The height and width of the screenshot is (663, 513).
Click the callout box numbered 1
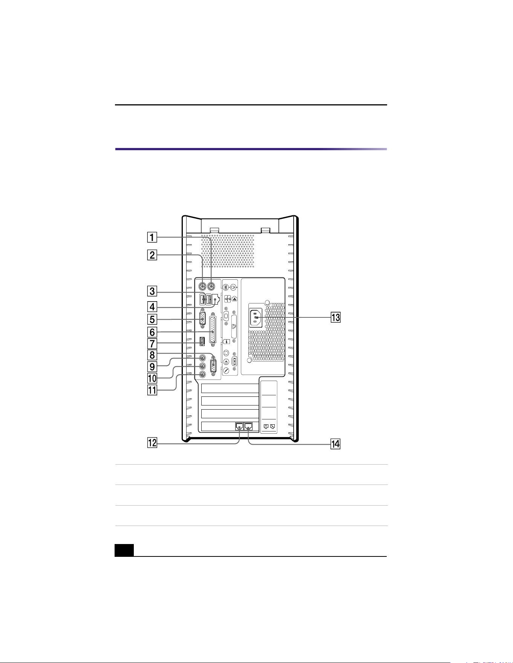[x=152, y=238]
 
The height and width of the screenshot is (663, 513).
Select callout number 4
[x=152, y=306]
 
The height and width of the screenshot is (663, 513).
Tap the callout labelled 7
[x=152, y=344]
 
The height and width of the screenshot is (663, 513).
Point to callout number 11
[x=152, y=390]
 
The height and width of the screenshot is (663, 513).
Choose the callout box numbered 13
[x=335, y=317]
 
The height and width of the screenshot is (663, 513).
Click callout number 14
[x=335, y=444]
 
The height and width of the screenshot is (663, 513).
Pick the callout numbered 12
[x=152, y=443]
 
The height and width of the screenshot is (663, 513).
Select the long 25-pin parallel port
[x=213, y=329]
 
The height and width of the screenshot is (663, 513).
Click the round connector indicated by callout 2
[x=202, y=286]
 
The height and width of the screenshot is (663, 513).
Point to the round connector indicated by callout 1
[x=211, y=286]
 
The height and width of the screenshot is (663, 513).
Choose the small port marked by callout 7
[x=202, y=341]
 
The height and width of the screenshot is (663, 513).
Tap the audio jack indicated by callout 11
[x=202, y=375]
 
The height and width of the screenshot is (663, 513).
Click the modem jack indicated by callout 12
[x=239, y=426]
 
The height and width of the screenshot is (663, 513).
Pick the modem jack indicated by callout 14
[x=249, y=426]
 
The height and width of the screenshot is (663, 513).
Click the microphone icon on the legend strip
[x=226, y=370]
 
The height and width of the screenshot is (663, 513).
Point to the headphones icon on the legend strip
[x=226, y=353]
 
